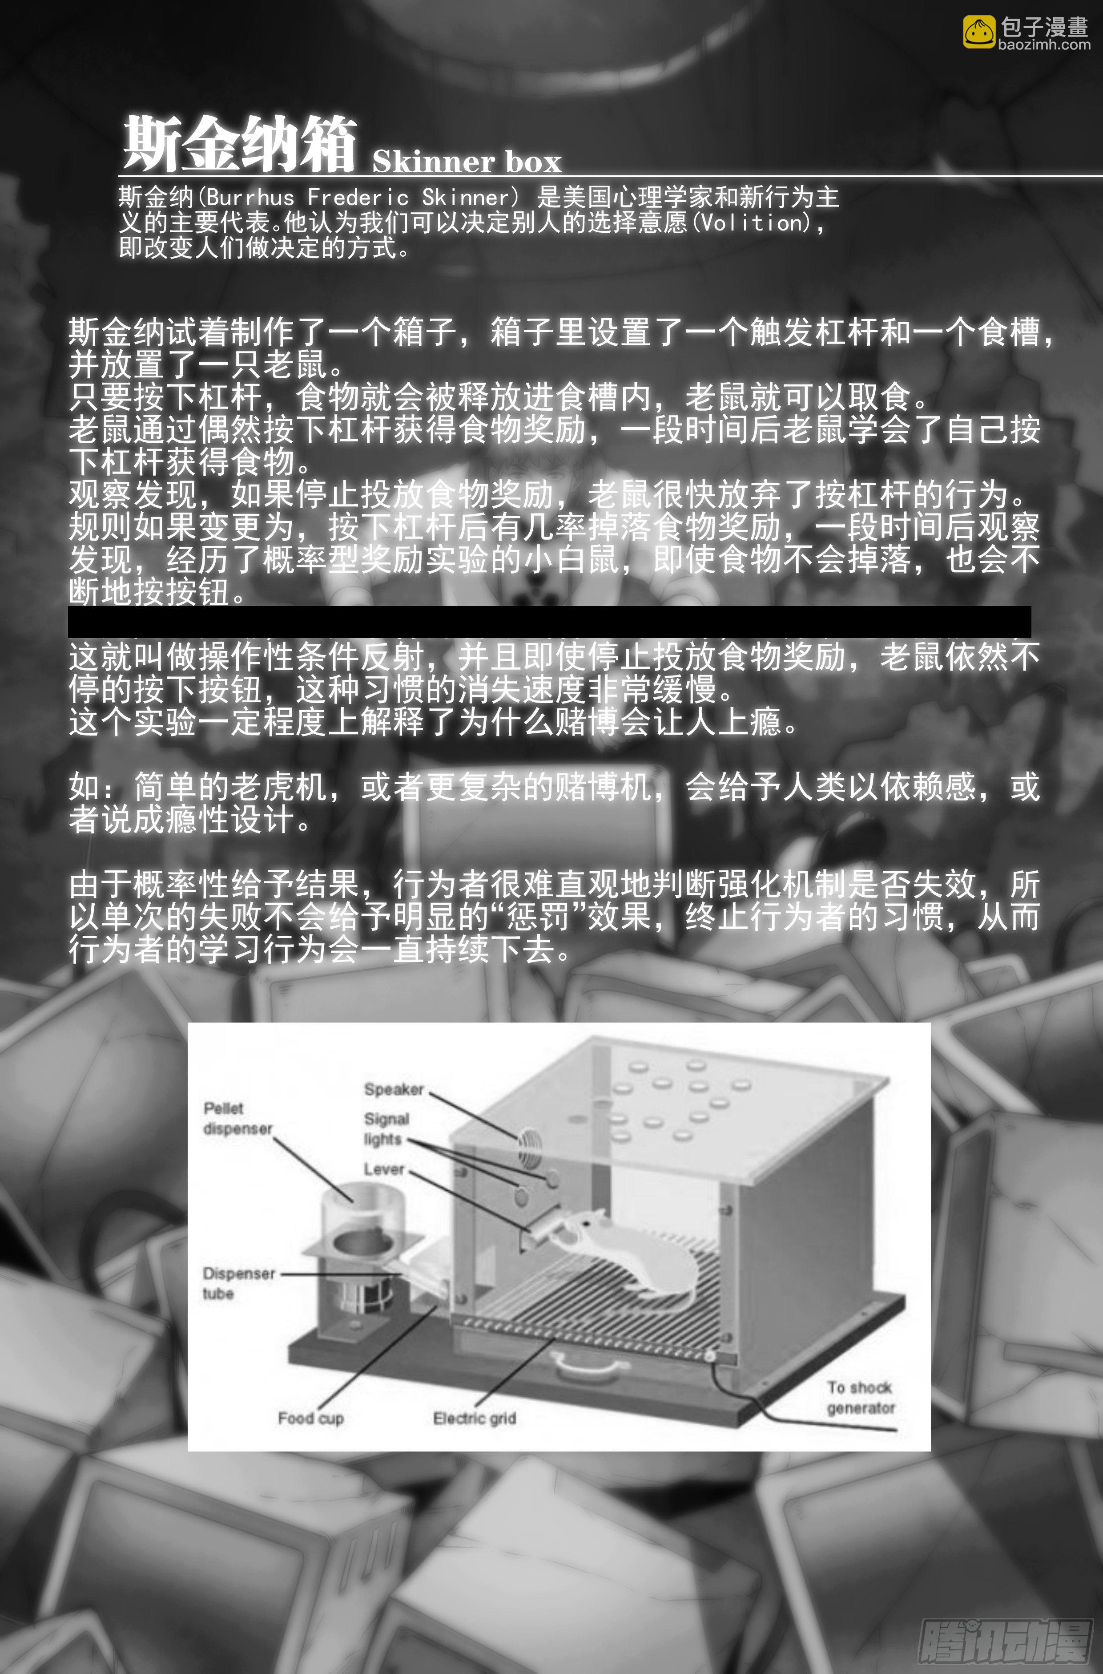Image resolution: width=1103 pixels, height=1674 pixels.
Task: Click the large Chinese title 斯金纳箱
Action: pos(239,145)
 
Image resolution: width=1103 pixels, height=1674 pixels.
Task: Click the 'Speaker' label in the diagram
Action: pos(394,1089)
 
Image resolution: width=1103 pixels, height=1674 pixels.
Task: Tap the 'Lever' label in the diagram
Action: pos(384,1169)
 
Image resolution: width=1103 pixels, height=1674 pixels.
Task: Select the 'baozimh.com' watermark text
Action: pos(1044,45)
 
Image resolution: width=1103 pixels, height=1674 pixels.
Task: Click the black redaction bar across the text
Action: pos(549,622)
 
